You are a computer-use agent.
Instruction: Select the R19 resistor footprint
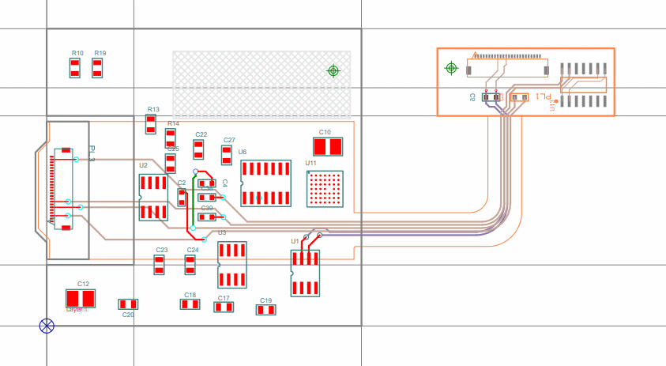point(97,67)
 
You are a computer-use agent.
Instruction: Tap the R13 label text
point(153,110)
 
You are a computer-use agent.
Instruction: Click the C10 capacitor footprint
point(329,147)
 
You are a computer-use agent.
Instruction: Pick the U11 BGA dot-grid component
point(325,188)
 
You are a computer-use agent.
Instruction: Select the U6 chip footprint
point(265,184)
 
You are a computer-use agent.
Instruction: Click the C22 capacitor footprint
point(199,150)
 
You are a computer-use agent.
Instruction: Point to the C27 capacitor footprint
point(227,154)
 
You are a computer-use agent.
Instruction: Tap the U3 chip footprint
point(232,265)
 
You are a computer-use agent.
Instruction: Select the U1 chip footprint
point(305,273)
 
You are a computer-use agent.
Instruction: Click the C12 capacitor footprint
point(81,298)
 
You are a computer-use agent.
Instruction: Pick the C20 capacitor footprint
point(128,304)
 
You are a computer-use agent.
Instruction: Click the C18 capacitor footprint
point(190,304)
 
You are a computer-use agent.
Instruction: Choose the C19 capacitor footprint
point(265,310)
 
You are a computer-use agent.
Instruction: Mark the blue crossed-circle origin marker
point(47,325)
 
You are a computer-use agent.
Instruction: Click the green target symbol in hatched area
point(333,71)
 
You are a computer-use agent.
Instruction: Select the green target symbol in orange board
point(451,68)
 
